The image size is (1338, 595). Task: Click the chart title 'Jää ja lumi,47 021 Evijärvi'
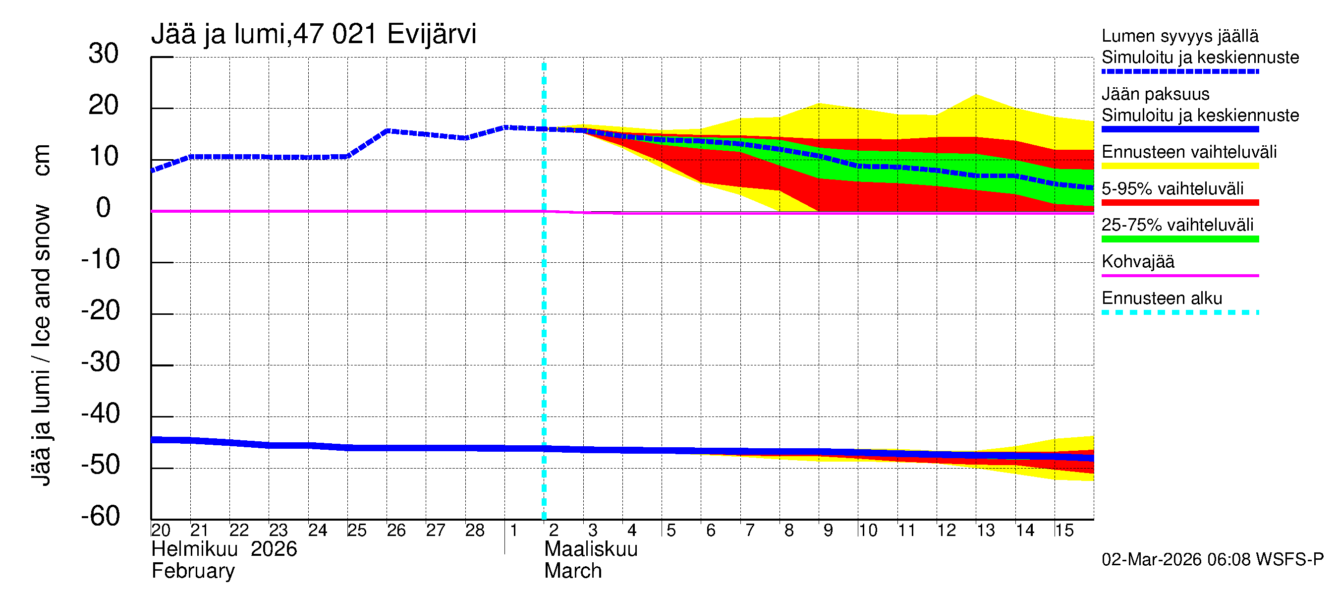(x=313, y=34)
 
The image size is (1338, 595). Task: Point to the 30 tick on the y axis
(x=104, y=54)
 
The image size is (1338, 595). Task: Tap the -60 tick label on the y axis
(x=100, y=516)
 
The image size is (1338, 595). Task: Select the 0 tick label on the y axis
(x=104, y=208)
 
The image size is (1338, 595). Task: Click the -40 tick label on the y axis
(x=100, y=414)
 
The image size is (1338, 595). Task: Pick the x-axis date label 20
(x=161, y=530)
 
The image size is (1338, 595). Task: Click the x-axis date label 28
(x=475, y=530)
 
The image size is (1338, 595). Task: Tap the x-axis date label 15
(x=1064, y=530)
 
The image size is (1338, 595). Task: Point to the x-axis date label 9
(x=828, y=530)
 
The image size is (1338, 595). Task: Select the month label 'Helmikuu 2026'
(x=224, y=549)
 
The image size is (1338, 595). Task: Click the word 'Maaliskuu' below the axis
(x=591, y=549)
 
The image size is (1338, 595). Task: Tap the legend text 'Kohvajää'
(x=1137, y=261)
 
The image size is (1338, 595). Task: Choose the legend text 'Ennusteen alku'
(x=1162, y=298)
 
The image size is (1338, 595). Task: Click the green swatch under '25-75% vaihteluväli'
(x=1179, y=239)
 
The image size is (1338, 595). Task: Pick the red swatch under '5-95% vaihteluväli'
(x=1179, y=203)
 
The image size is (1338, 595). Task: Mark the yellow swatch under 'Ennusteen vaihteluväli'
(x=1179, y=166)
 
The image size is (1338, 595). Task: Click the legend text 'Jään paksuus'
(x=1155, y=94)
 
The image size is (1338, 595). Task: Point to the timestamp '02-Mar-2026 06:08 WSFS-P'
(x=1212, y=559)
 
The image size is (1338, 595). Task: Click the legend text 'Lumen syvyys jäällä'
(x=1180, y=36)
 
